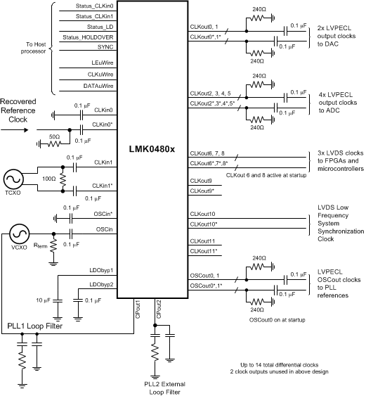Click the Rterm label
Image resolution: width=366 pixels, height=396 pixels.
point(42,248)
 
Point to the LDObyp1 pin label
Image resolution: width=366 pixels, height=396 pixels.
point(103,270)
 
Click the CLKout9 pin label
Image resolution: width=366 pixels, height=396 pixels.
point(201,181)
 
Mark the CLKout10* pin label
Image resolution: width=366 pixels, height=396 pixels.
point(204,224)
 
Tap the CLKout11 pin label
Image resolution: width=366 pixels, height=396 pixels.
point(202,241)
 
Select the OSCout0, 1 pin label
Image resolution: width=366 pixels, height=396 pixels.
point(207,276)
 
